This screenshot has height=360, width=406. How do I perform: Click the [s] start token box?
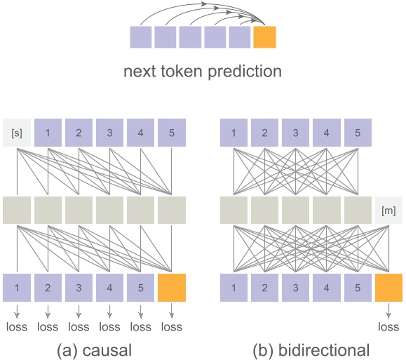click(17, 132)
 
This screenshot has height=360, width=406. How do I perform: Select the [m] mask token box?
click(388, 210)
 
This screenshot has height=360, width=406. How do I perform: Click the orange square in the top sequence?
click(265, 36)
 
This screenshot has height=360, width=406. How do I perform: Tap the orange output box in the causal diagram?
click(172, 288)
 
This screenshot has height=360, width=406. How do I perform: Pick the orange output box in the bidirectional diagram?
click(388, 288)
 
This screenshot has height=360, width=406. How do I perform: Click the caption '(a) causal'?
click(94, 348)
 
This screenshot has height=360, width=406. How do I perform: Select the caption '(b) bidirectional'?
click(311, 348)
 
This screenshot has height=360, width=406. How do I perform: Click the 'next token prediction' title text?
click(203, 71)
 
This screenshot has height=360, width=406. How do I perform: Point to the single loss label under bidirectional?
click(388, 326)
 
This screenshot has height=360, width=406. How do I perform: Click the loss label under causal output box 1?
click(17, 326)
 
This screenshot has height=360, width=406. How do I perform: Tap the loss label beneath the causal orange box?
click(172, 326)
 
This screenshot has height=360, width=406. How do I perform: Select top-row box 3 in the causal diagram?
click(110, 132)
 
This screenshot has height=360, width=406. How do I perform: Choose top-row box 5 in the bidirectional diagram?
click(358, 132)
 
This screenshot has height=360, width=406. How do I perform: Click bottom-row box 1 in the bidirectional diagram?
click(234, 288)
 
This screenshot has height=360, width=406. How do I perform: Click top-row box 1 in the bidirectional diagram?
click(234, 132)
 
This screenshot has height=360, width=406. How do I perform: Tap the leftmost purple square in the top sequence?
click(141, 36)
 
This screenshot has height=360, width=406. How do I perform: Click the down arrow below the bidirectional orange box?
click(388, 310)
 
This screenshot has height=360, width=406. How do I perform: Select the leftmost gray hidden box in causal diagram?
click(17, 210)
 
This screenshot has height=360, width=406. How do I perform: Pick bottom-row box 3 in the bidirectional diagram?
click(295, 288)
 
